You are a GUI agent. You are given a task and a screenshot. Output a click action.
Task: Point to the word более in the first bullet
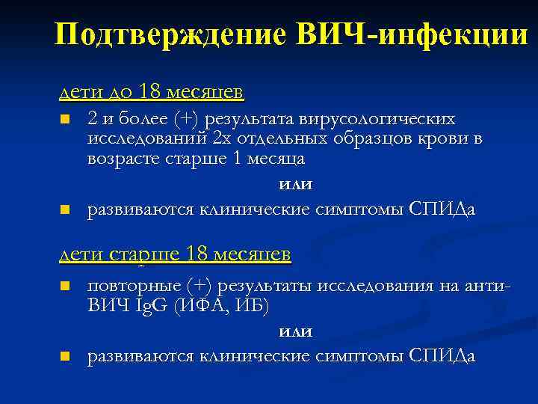coord(140,120)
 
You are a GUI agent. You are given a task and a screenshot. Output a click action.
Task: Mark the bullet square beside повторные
coord(65,287)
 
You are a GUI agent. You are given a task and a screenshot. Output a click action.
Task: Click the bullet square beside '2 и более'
coord(65,120)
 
